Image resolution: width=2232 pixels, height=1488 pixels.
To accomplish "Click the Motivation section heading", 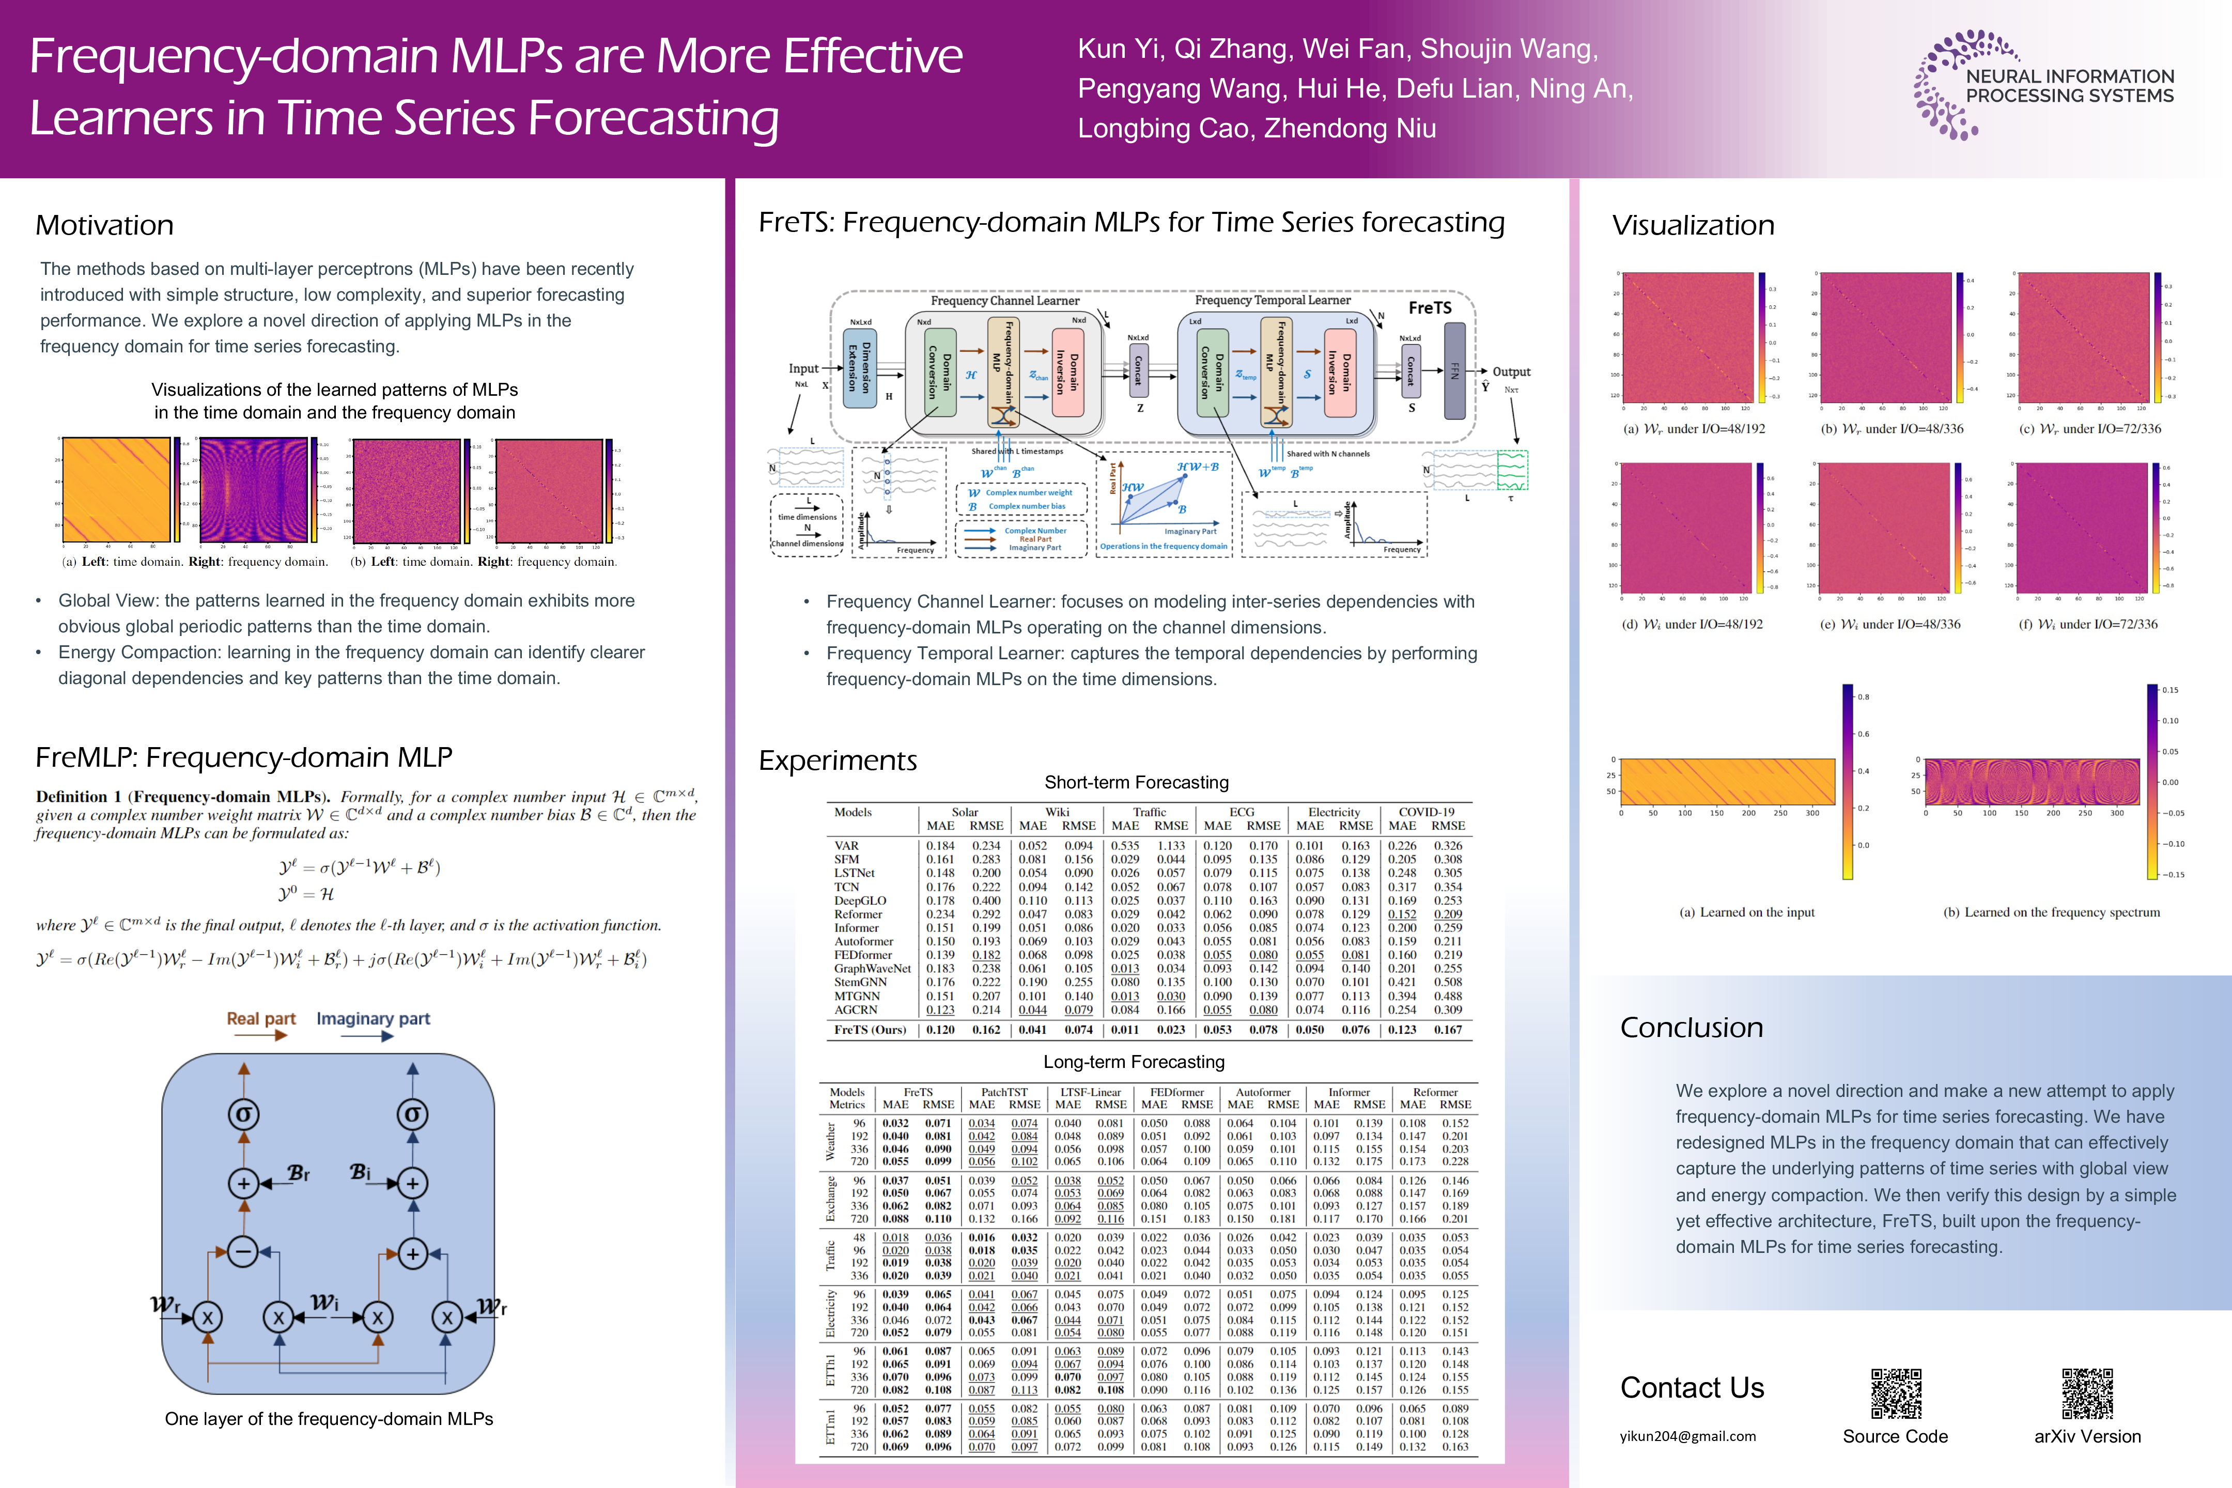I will pos(104,226).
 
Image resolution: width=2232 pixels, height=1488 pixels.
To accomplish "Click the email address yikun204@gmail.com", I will pos(1687,1436).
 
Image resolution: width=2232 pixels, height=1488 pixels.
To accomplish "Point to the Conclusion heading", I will pos(1691,1028).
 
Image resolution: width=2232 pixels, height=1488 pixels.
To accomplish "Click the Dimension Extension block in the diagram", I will pos(859,368).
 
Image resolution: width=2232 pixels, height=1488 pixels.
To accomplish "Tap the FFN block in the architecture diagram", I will pos(1454,370).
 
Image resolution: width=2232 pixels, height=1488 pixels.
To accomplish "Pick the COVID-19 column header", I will pos(1427,812).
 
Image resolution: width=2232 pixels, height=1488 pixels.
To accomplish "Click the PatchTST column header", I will pos(1004,1092).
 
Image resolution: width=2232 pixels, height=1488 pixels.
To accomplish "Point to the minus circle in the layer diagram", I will pos(244,1252).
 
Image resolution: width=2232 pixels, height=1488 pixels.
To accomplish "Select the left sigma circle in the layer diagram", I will pos(244,1114).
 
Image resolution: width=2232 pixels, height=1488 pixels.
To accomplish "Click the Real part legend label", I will pos(261,1018).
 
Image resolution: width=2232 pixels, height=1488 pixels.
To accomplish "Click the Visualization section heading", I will pos(1693,226).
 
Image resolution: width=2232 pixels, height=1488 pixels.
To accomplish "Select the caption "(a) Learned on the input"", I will pos(1746,912).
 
